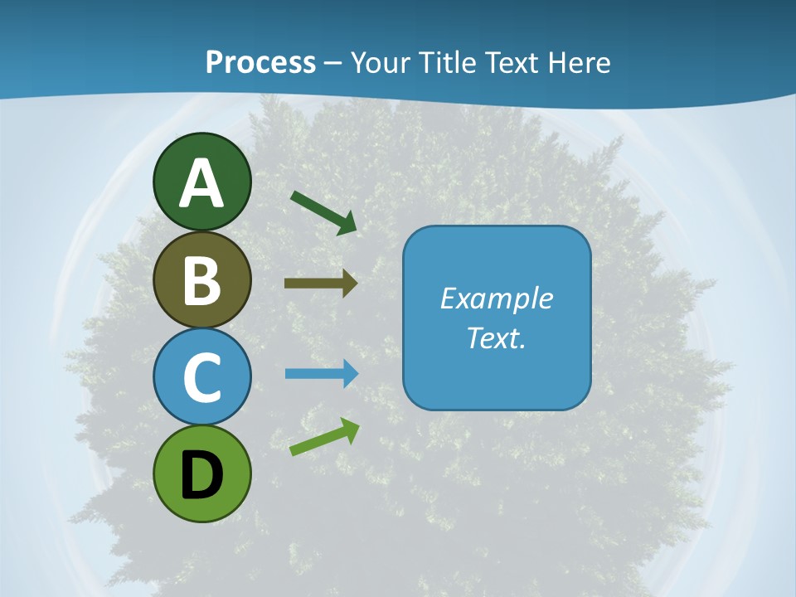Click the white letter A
201,183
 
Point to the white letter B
201,281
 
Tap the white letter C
201,377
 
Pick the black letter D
201,475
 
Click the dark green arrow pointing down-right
323,212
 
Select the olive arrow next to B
320,283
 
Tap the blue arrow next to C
320,374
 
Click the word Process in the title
260,63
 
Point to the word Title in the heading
448,63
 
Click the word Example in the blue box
496,298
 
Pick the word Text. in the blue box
496,337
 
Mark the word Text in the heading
511,63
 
